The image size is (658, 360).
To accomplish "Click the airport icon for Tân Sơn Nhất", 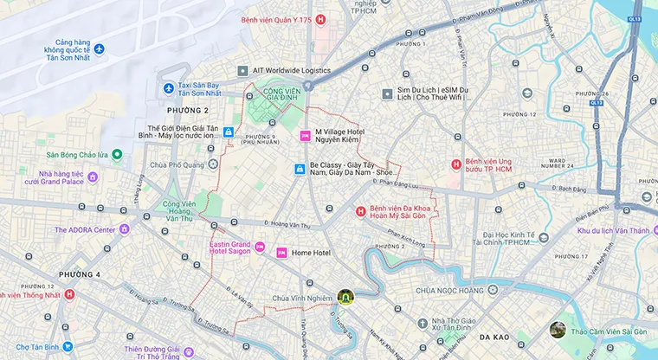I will pyautogui.click(x=99, y=48).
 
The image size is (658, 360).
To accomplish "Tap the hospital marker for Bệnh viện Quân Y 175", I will pyautogui.click(x=320, y=19).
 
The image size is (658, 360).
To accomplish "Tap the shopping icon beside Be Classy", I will pyautogui.click(x=300, y=169).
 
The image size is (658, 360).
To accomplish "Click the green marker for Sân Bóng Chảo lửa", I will pyautogui.click(x=117, y=155).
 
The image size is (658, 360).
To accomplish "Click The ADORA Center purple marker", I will pyautogui.click(x=124, y=229).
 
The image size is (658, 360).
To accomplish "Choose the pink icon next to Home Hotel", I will pyautogui.click(x=281, y=253).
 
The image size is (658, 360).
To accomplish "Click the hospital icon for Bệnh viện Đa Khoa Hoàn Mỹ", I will pyautogui.click(x=361, y=210).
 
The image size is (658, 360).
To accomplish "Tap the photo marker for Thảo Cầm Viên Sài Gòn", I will pyautogui.click(x=558, y=330).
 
